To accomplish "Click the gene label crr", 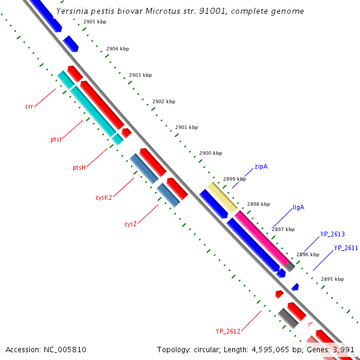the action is (29, 107).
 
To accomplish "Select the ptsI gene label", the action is (56, 139).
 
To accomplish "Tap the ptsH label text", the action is (79, 167).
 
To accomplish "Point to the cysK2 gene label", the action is (104, 197).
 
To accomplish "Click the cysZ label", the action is (131, 224).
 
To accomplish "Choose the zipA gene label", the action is (261, 166).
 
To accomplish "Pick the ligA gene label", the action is (298, 208).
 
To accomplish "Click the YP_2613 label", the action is (332, 235).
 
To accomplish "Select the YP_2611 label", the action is (346, 248).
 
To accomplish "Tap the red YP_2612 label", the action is (228, 331).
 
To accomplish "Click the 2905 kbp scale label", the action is (95, 22).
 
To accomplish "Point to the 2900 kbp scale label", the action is (210, 154).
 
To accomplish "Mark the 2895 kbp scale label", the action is (332, 279).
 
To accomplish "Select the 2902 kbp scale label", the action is (164, 101).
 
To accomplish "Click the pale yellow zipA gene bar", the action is (222, 197).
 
